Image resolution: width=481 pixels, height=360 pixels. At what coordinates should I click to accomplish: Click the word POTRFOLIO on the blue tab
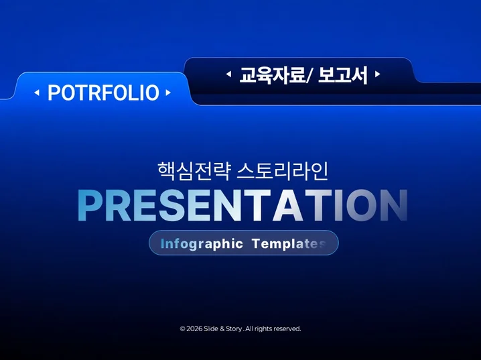(x=103, y=93)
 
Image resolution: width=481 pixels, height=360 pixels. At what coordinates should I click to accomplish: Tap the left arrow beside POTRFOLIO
(x=37, y=93)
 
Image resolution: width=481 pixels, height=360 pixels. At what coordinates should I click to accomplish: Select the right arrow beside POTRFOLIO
(x=168, y=93)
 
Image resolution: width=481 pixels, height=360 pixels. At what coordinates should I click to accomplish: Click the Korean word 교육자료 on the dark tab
(x=271, y=75)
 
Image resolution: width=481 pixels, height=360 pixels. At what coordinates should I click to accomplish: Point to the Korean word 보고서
(x=342, y=75)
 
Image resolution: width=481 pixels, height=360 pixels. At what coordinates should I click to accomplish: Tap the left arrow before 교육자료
(x=228, y=74)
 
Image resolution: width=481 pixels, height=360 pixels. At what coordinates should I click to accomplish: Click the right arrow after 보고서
(x=378, y=74)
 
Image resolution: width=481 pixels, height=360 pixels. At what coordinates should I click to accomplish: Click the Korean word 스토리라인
(x=283, y=171)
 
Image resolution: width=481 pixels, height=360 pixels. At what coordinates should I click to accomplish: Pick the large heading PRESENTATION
(x=243, y=205)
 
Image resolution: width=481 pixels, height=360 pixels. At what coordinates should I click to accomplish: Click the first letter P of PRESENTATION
(x=89, y=205)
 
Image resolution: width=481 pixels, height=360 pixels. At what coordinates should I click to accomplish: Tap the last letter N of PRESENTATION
(x=395, y=205)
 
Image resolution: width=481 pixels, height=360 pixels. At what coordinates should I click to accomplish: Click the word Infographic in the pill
(x=202, y=243)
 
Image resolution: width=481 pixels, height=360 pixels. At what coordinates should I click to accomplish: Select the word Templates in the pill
(x=289, y=243)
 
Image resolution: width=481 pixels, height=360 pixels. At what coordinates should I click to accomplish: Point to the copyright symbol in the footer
(x=182, y=329)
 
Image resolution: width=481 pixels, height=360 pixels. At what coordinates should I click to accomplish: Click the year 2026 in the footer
(x=194, y=329)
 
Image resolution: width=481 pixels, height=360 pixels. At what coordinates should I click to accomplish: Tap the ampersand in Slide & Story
(x=222, y=329)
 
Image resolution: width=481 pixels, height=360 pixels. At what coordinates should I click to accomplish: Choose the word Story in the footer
(x=234, y=329)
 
